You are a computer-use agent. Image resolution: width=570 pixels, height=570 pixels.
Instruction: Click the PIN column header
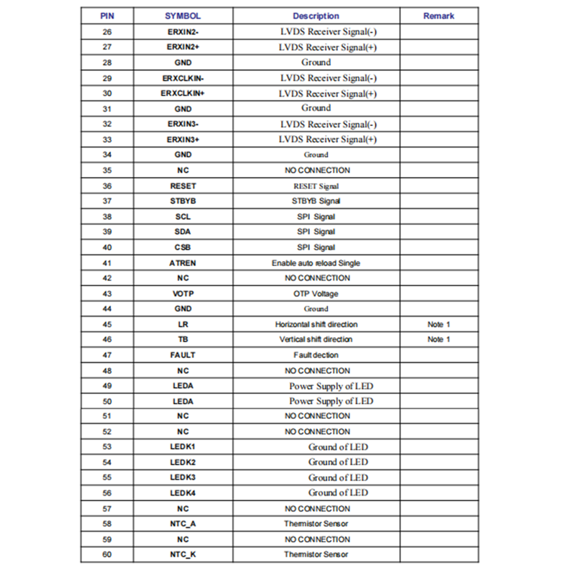(x=107, y=16)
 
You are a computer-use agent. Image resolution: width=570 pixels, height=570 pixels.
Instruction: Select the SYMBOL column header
(x=182, y=16)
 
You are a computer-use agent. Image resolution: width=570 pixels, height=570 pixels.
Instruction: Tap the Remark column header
(x=438, y=16)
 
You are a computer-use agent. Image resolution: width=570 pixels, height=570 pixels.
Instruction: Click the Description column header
(x=316, y=16)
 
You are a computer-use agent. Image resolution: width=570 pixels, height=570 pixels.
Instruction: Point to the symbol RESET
(x=182, y=186)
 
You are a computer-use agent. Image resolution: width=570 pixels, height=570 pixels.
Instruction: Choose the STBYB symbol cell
(x=182, y=201)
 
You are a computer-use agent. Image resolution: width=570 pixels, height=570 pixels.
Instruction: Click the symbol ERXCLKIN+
(x=182, y=93)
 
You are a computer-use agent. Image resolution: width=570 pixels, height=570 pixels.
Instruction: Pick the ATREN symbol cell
(x=182, y=263)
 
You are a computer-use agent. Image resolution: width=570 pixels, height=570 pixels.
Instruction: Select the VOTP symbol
(x=182, y=294)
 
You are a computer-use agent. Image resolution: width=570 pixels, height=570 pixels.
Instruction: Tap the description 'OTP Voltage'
(x=316, y=294)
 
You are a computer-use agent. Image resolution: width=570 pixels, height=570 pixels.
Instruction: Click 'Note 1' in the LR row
(x=438, y=324)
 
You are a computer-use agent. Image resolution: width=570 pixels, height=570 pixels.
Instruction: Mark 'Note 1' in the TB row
(x=438, y=339)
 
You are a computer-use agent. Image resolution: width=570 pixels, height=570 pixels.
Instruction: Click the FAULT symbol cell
(x=182, y=355)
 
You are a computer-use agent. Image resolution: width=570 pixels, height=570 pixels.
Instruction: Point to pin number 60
(x=107, y=554)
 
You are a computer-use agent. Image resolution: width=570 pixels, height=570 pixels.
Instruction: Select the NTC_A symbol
(x=182, y=523)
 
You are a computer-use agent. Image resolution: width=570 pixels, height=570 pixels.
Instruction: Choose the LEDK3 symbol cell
(x=182, y=477)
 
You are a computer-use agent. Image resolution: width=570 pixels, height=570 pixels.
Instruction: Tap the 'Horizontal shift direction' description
(x=316, y=324)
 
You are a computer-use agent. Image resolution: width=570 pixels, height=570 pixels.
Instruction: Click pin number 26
(x=107, y=32)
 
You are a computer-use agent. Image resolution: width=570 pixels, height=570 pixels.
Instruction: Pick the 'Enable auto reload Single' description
(x=316, y=263)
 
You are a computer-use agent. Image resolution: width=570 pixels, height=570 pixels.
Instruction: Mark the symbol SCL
(x=182, y=217)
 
